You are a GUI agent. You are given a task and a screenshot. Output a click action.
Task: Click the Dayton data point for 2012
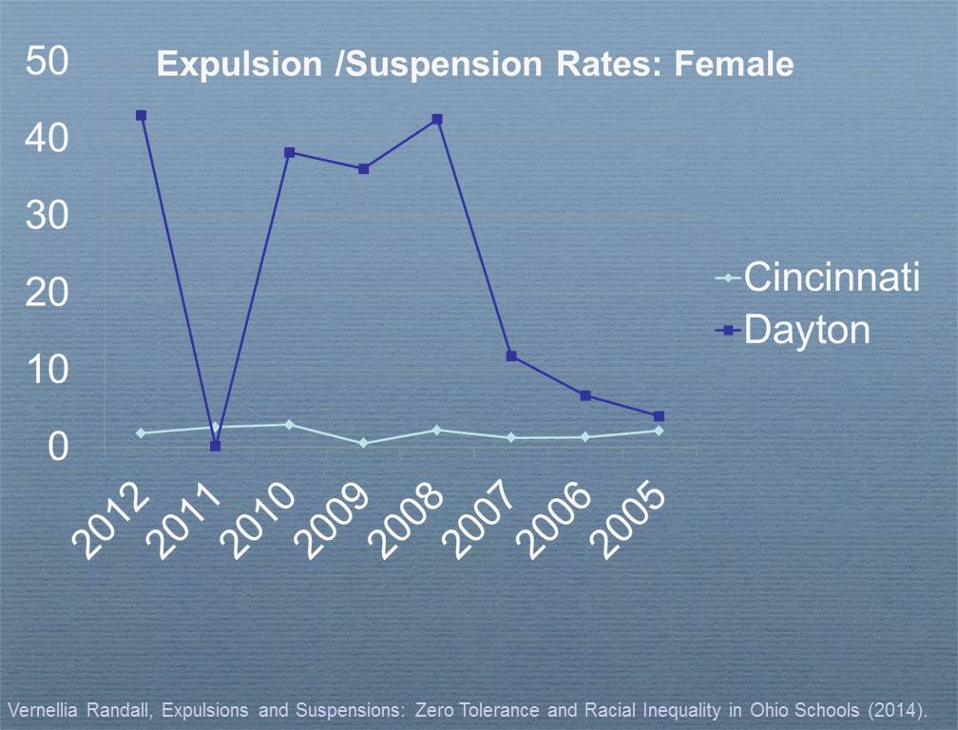(141, 115)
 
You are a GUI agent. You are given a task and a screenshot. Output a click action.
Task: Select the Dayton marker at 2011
(215, 446)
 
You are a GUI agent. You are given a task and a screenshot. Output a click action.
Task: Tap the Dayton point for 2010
(289, 152)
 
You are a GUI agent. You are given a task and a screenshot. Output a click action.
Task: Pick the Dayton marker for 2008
(437, 119)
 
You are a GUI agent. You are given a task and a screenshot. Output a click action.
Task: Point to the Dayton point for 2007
(511, 356)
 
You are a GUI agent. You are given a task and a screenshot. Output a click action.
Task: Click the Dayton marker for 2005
(659, 416)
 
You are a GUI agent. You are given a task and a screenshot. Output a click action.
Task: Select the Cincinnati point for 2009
(363, 443)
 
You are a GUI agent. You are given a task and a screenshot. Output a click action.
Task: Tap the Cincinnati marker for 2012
(141, 433)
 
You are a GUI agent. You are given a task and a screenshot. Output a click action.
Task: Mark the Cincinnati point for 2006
(585, 437)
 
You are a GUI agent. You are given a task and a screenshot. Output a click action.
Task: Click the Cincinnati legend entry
(817, 279)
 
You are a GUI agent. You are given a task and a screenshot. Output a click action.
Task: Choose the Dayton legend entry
(794, 330)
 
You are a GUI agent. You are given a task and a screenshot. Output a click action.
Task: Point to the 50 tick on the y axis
(47, 63)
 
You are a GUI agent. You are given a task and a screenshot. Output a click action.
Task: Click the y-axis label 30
(47, 217)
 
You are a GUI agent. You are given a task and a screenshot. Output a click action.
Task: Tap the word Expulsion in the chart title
(226, 65)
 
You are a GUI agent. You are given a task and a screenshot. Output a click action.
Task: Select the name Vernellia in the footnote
(38, 710)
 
